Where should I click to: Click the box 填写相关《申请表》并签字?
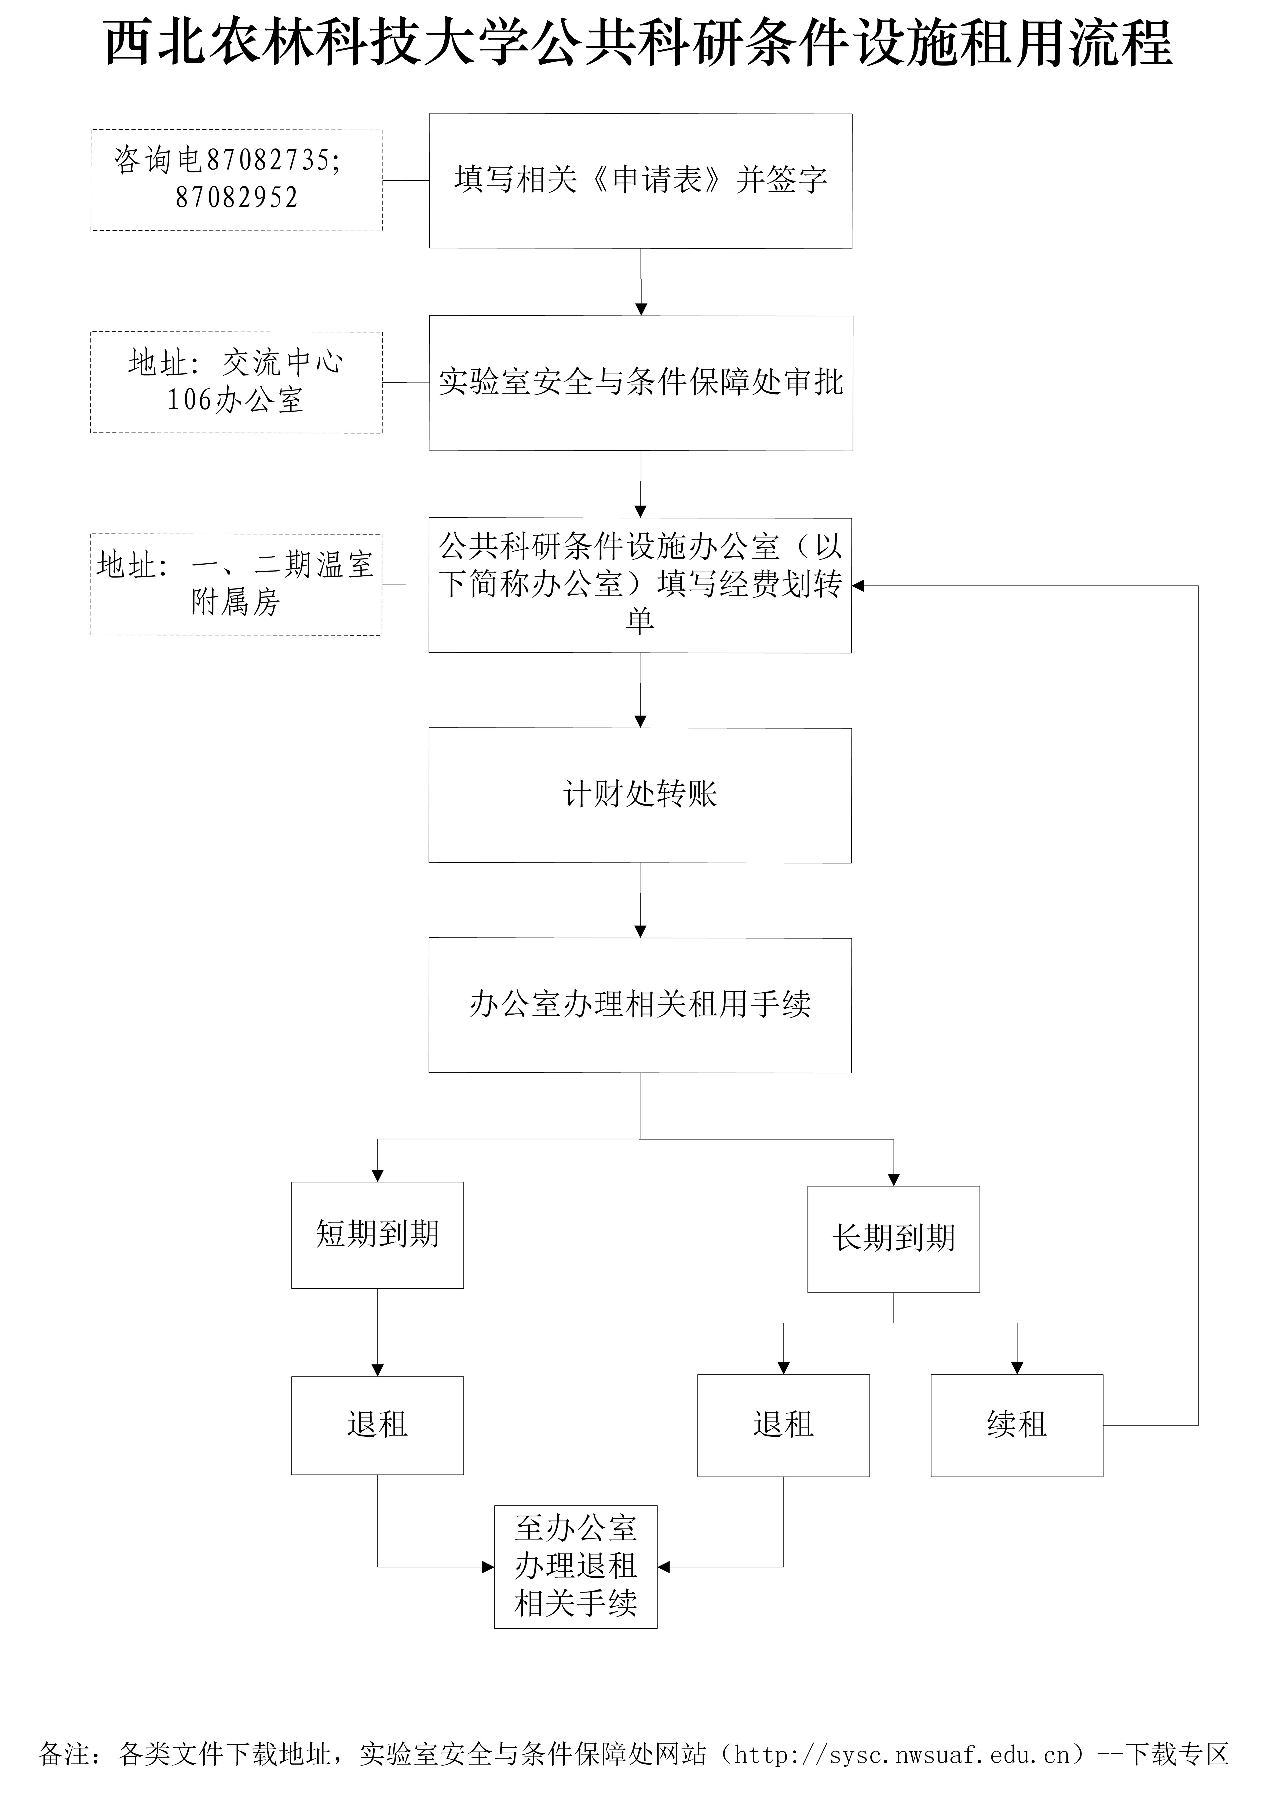tap(640, 181)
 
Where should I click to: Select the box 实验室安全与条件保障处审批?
tap(640, 383)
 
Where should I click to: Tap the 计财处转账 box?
tap(640, 795)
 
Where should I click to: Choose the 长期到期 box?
tap(893, 1238)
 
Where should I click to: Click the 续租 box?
tap(1017, 1424)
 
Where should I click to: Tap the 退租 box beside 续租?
tap(783, 1424)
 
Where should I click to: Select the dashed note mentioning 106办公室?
tap(236, 382)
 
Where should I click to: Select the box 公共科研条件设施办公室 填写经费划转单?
tap(640, 585)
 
